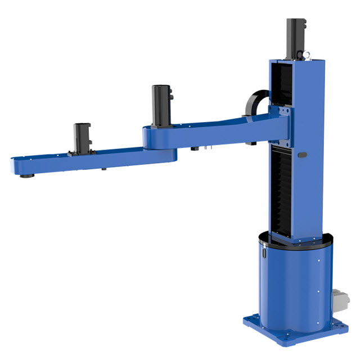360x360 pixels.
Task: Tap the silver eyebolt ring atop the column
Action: pos(308,54)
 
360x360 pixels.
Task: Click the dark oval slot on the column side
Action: pos(302,155)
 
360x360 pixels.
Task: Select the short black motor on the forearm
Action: pos(82,138)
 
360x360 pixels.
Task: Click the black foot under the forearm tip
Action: pos(25,176)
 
